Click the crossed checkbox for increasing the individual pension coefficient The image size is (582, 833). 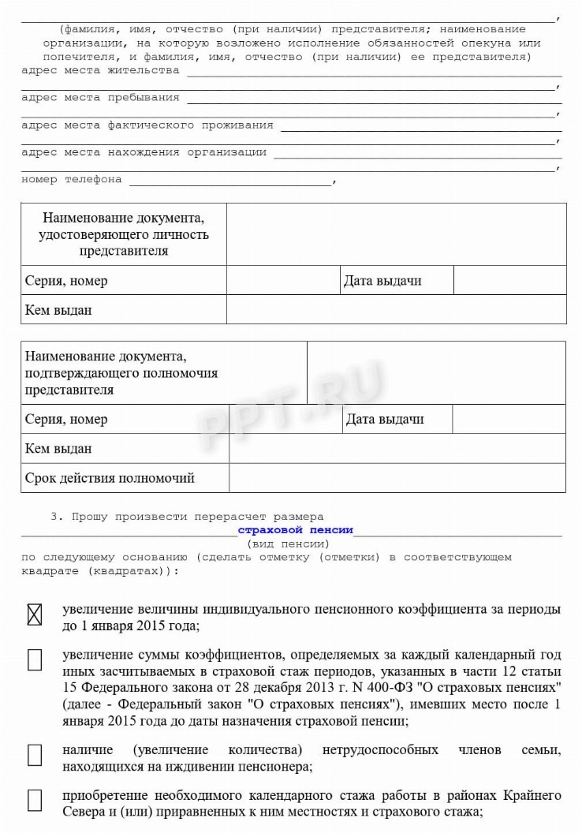[34, 614]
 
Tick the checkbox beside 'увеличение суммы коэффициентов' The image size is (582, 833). [34, 660]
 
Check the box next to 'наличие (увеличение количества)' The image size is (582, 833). [34, 755]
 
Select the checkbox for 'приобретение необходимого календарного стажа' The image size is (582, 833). [34, 801]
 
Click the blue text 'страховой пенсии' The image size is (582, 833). [295, 530]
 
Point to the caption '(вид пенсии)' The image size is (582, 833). [288, 544]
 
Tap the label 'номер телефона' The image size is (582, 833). [72, 179]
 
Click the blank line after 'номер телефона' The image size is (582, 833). [230, 181]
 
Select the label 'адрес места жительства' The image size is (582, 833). [100, 70]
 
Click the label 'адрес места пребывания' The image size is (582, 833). [100, 97]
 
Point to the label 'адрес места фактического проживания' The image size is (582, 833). [147, 125]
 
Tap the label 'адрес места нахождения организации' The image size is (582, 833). [144, 151]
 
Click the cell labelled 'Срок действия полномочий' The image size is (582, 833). [110, 478]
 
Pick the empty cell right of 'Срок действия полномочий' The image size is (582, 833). [397, 478]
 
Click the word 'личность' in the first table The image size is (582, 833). [184, 234]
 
